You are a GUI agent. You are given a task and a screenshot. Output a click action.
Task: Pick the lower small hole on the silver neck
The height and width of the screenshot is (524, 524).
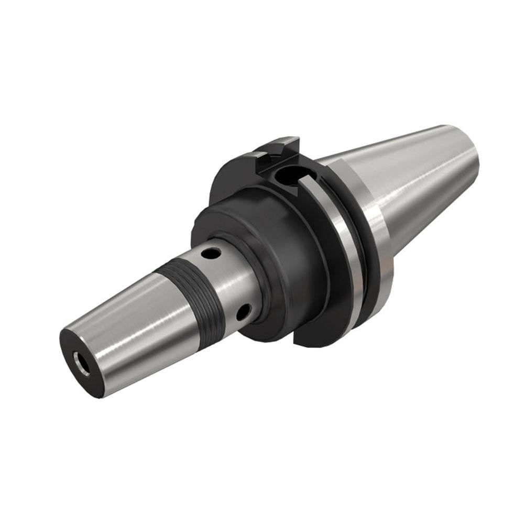pos(242,313)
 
